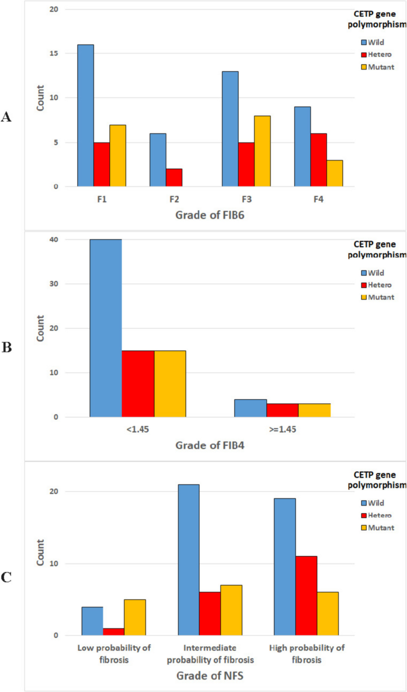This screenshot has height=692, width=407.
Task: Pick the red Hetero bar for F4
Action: coord(318,160)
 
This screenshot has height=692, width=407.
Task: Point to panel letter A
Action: coord(7,118)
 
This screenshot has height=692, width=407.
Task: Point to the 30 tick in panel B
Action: coord(54,284)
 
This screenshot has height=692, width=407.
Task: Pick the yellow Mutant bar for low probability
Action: coord(135,617)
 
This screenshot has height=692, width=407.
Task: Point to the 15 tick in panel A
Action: coord(54,53)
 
